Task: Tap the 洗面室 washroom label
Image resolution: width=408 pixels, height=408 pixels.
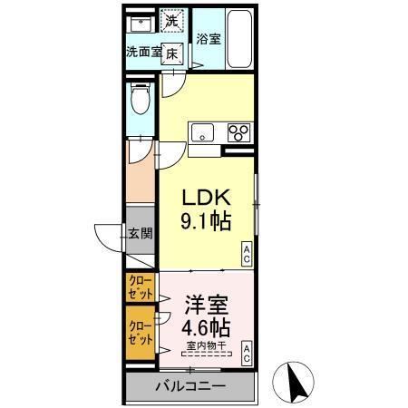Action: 143,52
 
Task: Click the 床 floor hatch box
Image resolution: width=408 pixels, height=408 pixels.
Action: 171,53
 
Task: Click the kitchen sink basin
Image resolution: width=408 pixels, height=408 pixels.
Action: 201,131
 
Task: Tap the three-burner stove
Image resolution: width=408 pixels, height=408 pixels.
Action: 238,132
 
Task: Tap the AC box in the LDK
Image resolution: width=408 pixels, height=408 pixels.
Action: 246,256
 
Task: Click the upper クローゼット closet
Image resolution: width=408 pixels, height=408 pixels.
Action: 140,288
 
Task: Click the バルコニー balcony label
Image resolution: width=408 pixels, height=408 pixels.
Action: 189,386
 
